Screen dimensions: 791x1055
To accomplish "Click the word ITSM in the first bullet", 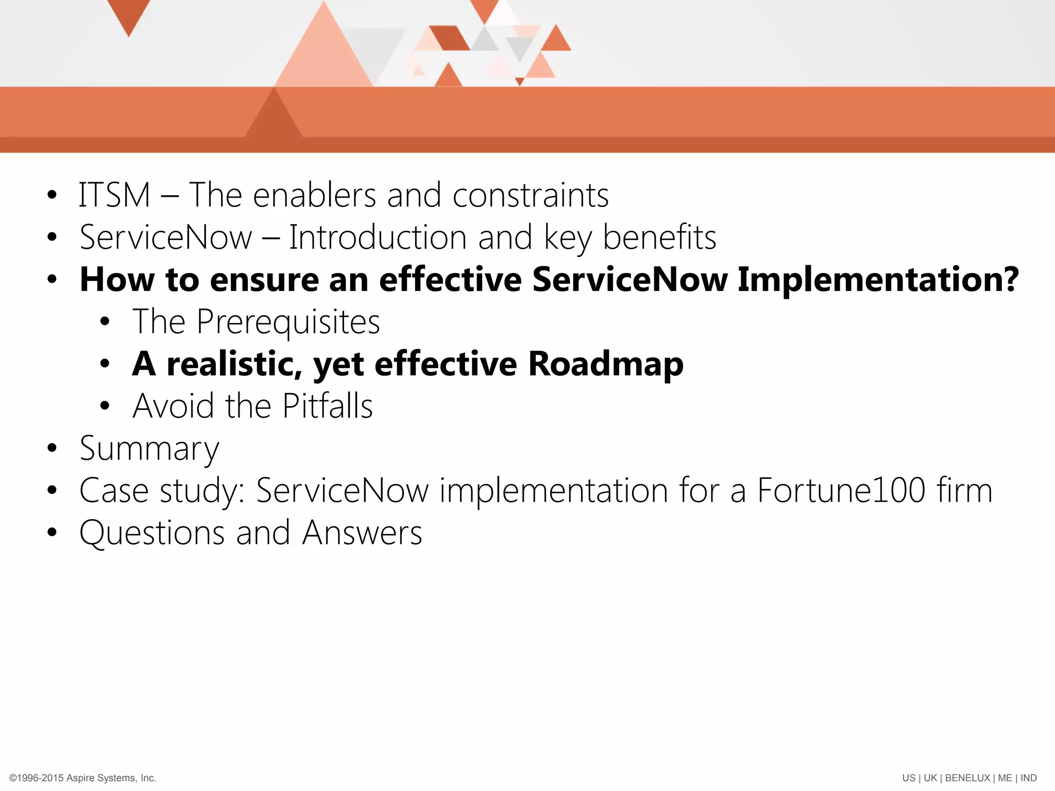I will click(x=114, y=196).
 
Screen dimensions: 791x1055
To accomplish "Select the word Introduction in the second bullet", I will click(x=378, y=238).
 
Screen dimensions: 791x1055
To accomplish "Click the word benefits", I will click(x=659, y=238).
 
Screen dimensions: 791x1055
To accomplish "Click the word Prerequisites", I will click(x=288, y=322).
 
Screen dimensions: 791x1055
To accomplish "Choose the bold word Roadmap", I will click(x=606, y=365).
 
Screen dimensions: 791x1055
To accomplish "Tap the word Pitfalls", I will click(x=328, y=406).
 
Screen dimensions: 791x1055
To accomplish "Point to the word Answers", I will click(x=362, y=533).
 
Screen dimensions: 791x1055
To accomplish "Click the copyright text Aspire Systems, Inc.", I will click(x=111, y=778).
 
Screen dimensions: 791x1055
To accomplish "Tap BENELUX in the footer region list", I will click(x=967, y=778).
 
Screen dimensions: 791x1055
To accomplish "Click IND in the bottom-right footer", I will click(x=1029, y=778).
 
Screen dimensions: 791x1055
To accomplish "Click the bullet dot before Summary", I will click(x=52, y=448).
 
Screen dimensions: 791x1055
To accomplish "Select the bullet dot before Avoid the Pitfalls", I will click(x=105, y=406).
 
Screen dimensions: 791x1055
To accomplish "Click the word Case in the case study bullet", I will click(x=114, y=491).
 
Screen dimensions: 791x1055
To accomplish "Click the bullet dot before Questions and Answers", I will click(x=52, y=532).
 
